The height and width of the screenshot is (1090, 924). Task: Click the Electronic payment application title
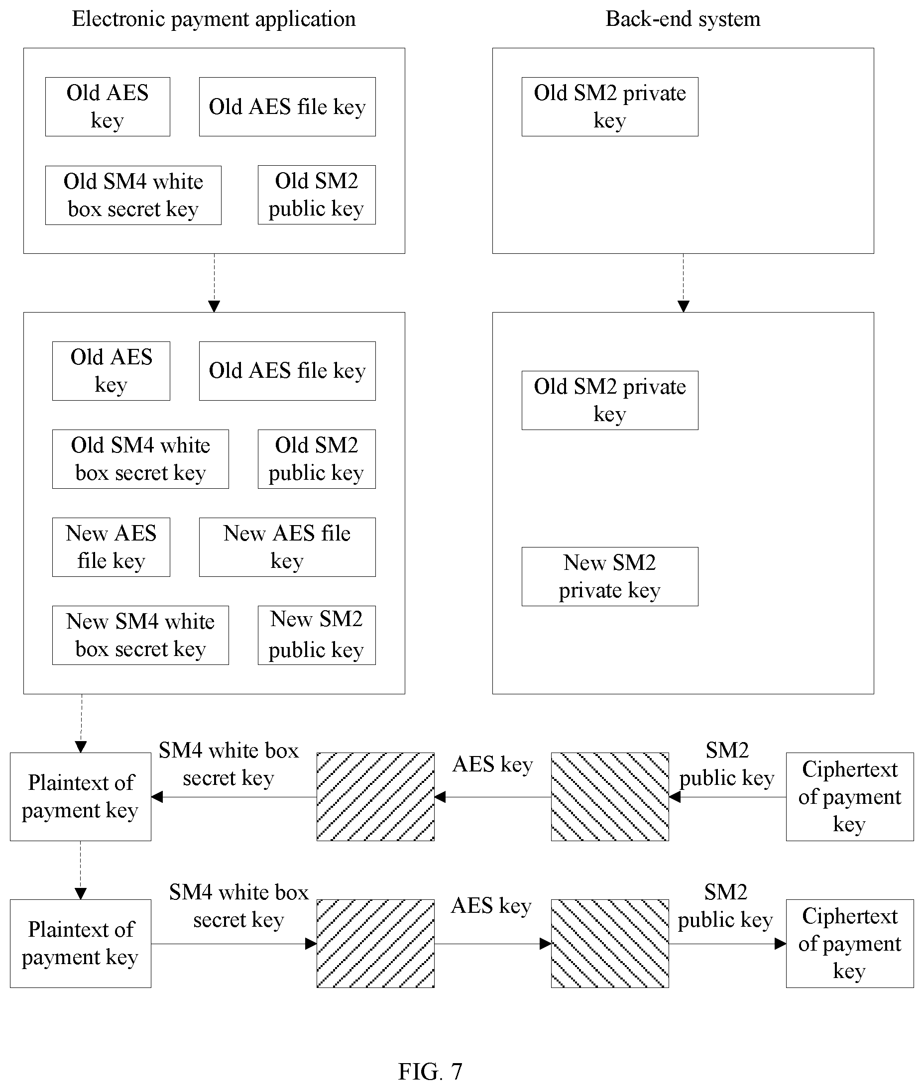point(214,19)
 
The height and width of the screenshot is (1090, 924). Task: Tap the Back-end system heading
point(683,19)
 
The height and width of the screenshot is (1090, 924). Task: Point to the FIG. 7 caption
point(430,1072)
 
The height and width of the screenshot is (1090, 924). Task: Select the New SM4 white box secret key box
point(140,635)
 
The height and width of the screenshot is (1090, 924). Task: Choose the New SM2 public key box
point(317,635)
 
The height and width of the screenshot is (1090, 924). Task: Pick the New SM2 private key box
point(610,576)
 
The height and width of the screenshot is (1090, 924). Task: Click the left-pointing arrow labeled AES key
point(492,797)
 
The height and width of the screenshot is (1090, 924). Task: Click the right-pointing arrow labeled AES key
point(492,944)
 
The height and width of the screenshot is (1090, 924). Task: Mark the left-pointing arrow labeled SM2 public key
point(727,797)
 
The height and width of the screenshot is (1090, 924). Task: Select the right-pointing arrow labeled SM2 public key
point(727,944)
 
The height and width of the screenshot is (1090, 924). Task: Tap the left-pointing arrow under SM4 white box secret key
point(233,797)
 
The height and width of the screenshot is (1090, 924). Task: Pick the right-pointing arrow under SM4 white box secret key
point(233,944)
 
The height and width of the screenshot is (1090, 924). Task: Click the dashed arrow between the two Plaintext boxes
point(81,870)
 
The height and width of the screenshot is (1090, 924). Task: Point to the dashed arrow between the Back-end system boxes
point(683,283)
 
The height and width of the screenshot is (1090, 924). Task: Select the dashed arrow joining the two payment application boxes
point(214,283)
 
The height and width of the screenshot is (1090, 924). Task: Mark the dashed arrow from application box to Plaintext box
point(81,724)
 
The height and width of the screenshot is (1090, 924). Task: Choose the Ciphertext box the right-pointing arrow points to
point(850,944)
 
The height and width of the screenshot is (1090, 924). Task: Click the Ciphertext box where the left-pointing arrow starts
point(850,797)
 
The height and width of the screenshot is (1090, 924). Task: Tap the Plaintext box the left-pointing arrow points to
point(81,797)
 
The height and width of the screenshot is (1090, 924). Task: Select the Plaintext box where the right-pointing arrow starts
point(81,944)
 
